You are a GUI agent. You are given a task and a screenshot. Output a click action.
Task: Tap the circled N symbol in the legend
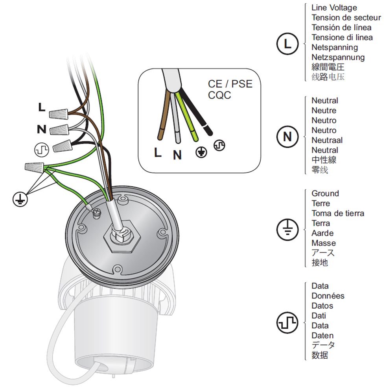pos(288,137)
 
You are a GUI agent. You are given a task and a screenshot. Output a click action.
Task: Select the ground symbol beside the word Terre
pos(288,229)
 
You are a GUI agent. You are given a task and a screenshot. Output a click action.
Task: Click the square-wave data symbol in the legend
pos(288,322)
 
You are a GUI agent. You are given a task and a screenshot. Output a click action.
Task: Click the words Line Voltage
pos(334,7)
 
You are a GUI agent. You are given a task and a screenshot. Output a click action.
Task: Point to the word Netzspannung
pos(338,57)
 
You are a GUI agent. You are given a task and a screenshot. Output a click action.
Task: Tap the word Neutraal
pos(327,140)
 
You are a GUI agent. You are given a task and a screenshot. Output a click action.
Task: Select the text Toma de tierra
pos(338,213)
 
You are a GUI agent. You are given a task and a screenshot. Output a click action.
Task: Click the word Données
pos(328,296)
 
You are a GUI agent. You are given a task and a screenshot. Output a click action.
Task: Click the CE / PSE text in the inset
pos(230,84)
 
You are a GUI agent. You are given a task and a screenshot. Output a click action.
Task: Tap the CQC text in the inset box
pos(219,96)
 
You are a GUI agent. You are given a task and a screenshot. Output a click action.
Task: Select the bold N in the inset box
pos(178,156)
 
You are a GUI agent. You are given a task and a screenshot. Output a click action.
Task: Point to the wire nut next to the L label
pos(59,114)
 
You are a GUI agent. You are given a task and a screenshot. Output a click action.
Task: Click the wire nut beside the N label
pos(60,128)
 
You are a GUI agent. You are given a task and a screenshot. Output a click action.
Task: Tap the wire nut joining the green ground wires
pos(35,168)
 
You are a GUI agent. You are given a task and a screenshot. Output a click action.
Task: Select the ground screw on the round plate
pos(96,213)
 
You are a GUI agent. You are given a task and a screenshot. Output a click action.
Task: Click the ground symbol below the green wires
pos(18,200)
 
